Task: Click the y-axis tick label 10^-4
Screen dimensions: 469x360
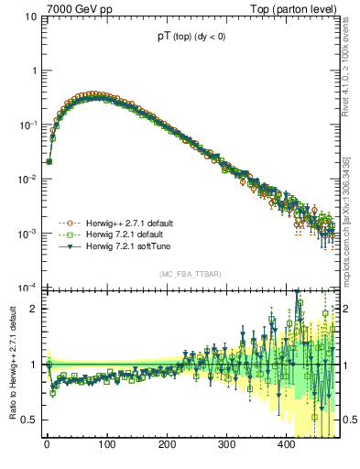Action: point(27,288)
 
